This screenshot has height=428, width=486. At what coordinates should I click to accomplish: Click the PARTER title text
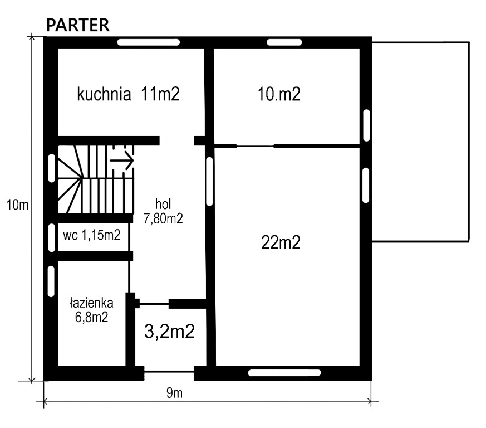click(x=78, y=25)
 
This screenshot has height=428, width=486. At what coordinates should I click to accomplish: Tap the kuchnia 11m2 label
click(x=128, y=94)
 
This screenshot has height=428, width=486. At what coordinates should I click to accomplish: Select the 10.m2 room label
click(x=279, y=94)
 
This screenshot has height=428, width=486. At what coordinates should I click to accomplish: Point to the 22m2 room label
click(x=281, y=242)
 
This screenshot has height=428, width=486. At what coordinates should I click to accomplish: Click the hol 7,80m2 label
click(x=163, y=211)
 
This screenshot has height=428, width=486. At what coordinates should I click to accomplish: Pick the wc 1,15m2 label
click(x=92, y=235)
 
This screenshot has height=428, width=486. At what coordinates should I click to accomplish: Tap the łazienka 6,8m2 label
click(x=91, y=310)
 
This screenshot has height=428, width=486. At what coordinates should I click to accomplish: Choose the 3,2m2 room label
click(x=170, y=331)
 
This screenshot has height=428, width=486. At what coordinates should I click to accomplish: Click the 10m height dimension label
click(x=18, y=205)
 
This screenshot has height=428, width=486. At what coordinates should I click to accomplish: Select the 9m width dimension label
click(x=174, y=393)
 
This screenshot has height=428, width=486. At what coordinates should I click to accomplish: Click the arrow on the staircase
click(x=122, y=160)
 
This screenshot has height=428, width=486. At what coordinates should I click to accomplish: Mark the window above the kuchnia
click(x=149, y=42)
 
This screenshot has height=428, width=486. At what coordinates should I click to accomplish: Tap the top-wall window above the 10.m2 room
click(x=284, y=42)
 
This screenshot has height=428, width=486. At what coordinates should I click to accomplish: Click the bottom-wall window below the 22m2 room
click(x=284, y=372)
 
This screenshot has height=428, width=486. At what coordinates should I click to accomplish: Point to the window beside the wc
click(x=52, y=237)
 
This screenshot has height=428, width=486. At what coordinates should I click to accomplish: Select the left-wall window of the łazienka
click(x=51, y=281)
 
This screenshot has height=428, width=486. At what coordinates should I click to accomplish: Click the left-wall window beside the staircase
click(x=52, y=168)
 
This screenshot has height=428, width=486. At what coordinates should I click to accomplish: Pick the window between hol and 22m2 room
click(x=209, y=181)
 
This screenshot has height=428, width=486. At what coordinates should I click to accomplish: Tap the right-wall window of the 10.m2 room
click(x=366, y=125)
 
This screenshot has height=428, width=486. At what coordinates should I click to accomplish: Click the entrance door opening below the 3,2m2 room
click(x=169, y=372)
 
